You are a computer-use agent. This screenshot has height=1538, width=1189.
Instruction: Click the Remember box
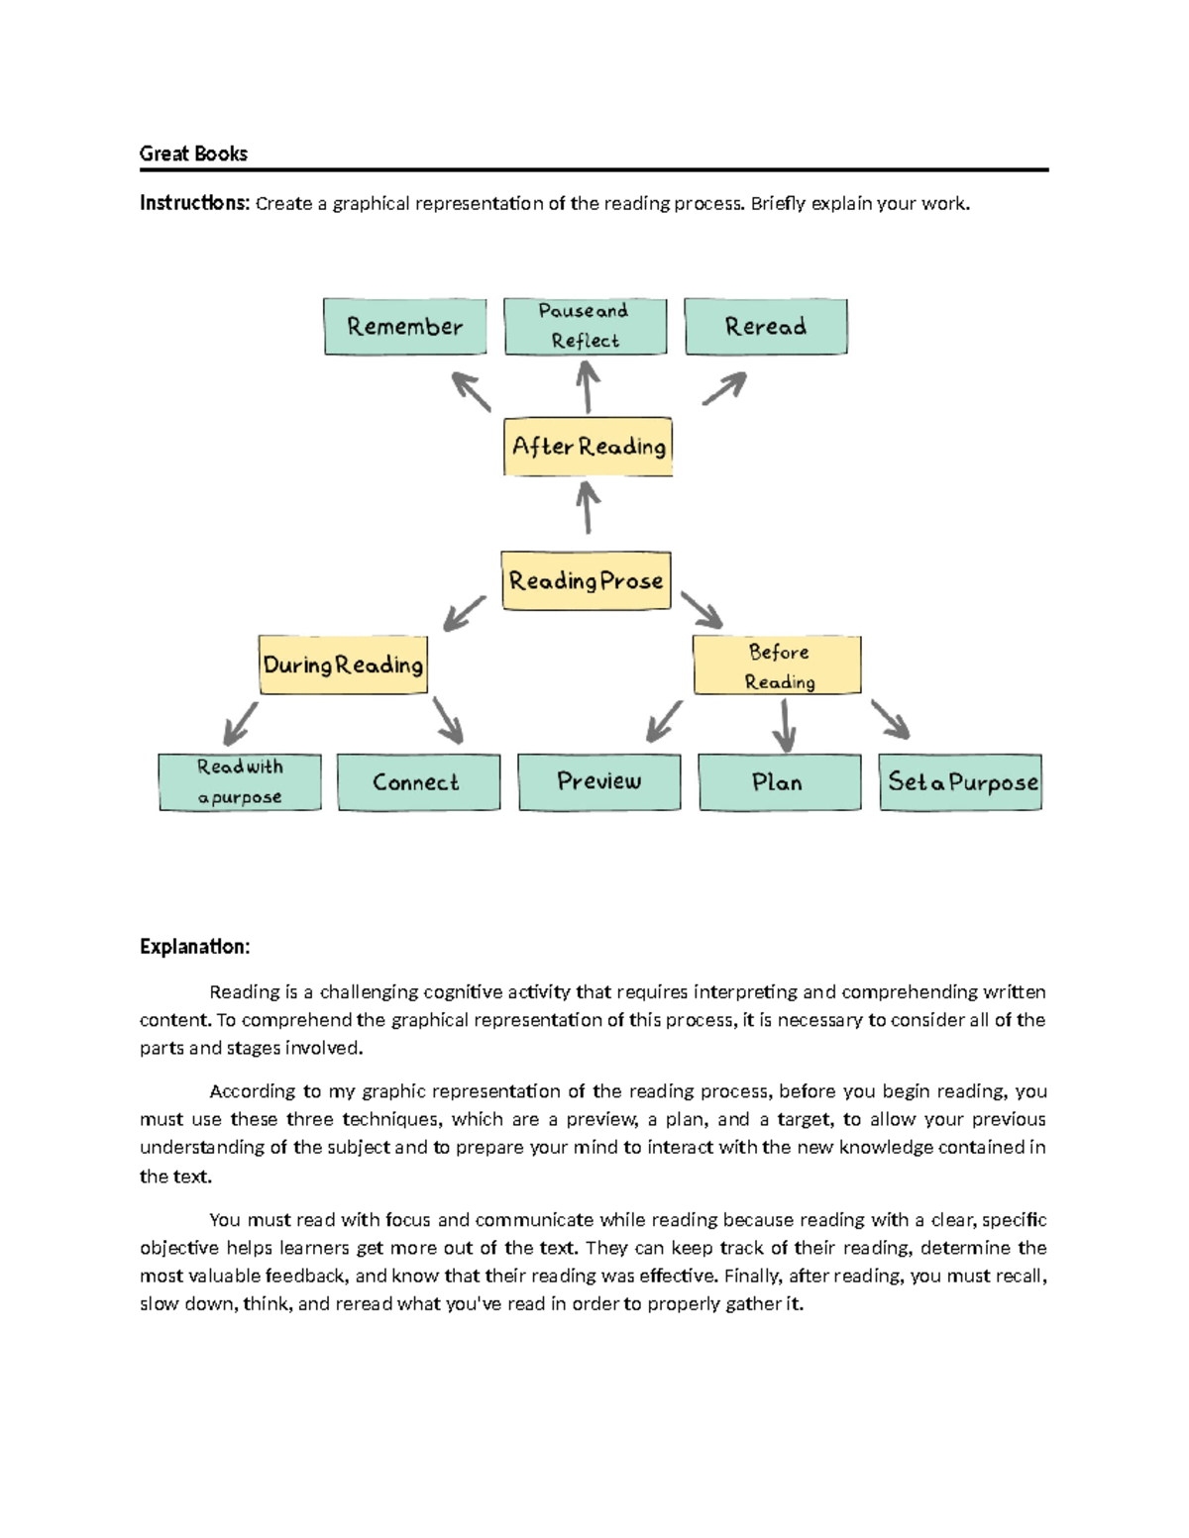pyautogui.click(x=404, y=327)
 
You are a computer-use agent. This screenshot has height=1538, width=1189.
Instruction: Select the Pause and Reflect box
pyautogui.click(x=585, y=327)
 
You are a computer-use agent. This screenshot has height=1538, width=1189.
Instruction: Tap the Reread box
pyautogui.click(x=765, y=327)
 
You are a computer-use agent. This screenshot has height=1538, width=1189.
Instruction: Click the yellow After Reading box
pyautogui.click(x=588, y=447)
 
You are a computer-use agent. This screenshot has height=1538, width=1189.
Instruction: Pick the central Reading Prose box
pyautogui.click(x=586, y=580)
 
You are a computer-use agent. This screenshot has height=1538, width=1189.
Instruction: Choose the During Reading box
pyautogui.click(x=343, y=665)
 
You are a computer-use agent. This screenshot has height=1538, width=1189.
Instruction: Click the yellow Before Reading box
pyautogui.click(x=777, y=666)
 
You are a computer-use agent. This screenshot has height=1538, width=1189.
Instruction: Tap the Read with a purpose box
pyautogui.click(x=240, y=782)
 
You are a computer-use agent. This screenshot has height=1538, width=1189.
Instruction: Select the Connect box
pyautogui.click(x=418, y=782)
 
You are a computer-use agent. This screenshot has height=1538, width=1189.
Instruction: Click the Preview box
pyautogui.click(x=599, y=782)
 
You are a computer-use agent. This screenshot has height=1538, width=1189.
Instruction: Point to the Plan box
pyautogui.click(x=779, y=782)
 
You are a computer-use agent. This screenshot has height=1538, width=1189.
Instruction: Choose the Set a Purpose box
pyautogui.click(x=960, y=782)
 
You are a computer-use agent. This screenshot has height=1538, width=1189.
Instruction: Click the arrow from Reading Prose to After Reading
pyautogui.click(x=588, y=507)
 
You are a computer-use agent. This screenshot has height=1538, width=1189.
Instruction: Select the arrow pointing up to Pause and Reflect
pyautogui.click(x=588, y=386)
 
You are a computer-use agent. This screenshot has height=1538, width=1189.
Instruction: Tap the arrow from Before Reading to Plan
pyautogui.click(x=784, y=725)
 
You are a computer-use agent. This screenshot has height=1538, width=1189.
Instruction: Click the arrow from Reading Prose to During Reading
pyautogui.click(x=464, y=613)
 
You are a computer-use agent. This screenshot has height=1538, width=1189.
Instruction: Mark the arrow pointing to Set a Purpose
pyautogui.click(x=890, y=719)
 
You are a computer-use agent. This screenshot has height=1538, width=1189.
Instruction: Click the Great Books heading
pyautogui.click(x=193, y=154)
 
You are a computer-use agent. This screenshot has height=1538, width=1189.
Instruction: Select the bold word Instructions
pyautogui.click(x=194, y=203)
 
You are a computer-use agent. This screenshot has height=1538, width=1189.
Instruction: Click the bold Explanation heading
pyautogui.click(x=194, y=947)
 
